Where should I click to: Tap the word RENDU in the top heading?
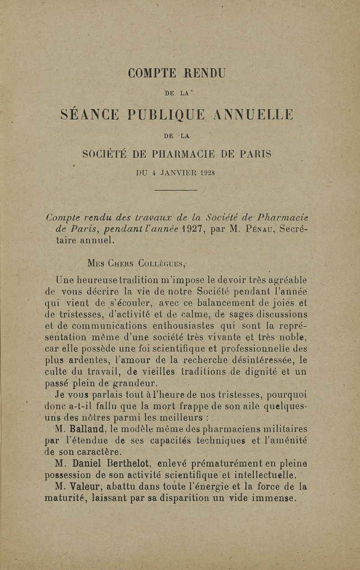coord(202,73)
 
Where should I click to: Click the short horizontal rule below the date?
coord(175,190)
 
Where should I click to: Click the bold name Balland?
coord(88,429)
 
